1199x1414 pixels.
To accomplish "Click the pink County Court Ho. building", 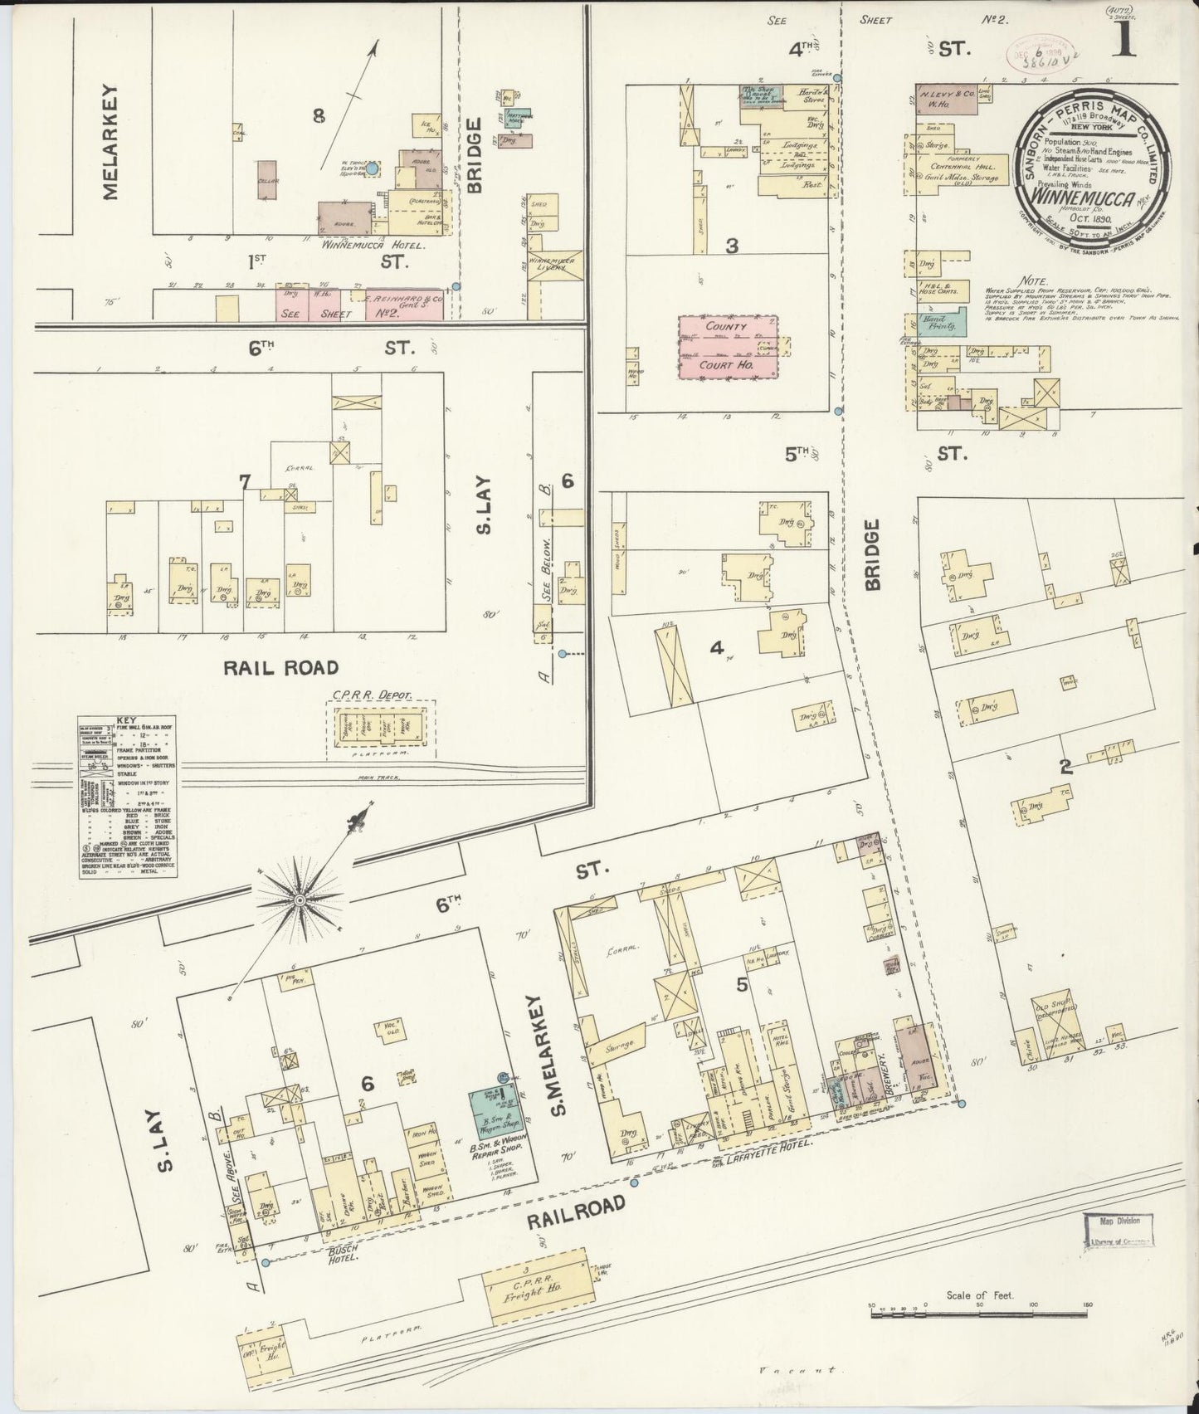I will click(727, 348).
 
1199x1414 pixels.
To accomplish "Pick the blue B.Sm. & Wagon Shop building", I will click(493, 1109).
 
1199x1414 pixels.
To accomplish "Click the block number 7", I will click(244, 481).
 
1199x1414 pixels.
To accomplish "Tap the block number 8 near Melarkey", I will click(318, 117).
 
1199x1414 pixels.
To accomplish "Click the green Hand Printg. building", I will click(943, 322).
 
